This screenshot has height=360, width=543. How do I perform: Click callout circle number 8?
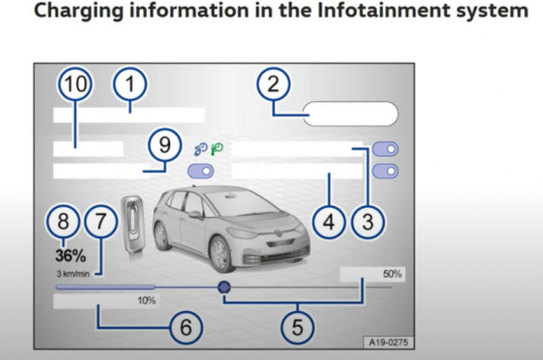click(x=64, y=222)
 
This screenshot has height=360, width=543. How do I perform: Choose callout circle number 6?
click(x=185, y=327)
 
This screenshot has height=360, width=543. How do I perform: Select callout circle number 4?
click(x=329, y=222)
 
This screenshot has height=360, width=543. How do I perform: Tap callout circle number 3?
click(x=368, y=222)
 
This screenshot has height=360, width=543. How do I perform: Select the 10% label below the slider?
click(x=147, y=299)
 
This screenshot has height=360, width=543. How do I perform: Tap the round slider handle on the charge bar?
click(x=224, y=287)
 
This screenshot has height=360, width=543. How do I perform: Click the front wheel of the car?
click(x=221, y=253)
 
